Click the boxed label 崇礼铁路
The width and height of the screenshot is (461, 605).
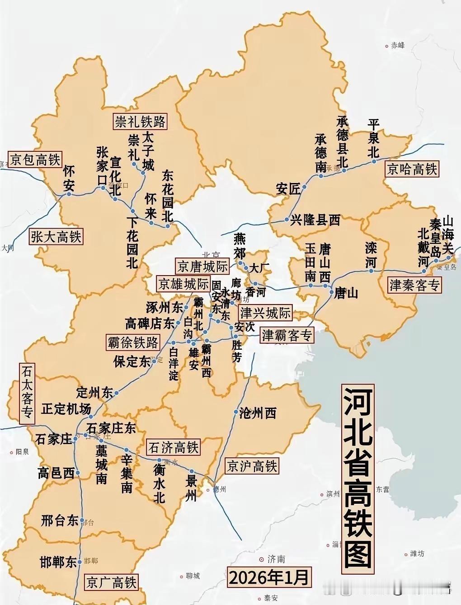[140, 122]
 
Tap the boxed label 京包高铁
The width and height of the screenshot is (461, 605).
[35, 160]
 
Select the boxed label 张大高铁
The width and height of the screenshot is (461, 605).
[56, 237]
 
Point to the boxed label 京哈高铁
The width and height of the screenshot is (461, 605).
[412, 169]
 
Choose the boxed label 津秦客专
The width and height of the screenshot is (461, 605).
[414, 285]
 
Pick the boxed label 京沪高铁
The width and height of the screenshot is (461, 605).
[252, 466]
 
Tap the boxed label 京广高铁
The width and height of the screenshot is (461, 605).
[111, 582]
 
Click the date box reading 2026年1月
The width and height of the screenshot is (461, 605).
[269, 577]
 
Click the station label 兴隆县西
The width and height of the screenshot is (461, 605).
[315, 220]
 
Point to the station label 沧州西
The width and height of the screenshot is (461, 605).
[258, 413]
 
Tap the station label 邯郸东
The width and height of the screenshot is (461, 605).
[58, 562]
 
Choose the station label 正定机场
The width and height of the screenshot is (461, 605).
[66, 409]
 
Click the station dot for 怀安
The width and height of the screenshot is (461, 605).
[69, 194]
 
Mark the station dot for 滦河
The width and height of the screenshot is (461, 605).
[371, 271]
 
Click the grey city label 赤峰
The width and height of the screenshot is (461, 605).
[398, 45]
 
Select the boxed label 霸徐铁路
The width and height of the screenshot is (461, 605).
[133, 342]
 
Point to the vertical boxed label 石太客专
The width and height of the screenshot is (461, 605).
[27, 393]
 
